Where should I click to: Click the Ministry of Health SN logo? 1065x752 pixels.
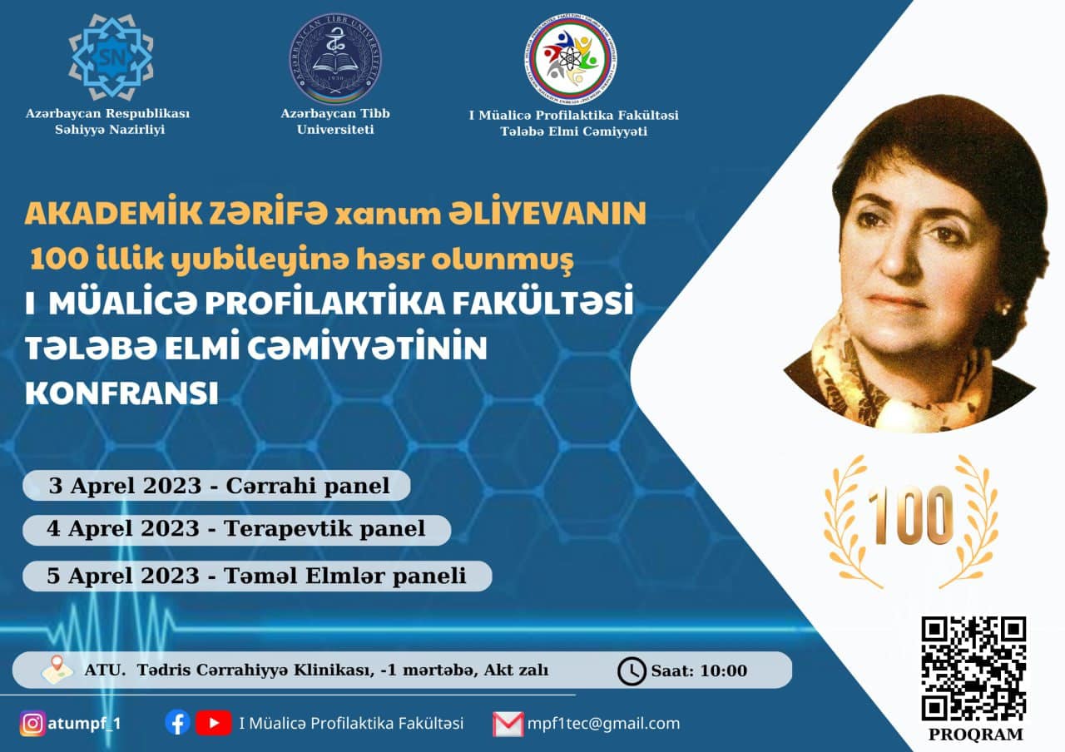pos(111,57)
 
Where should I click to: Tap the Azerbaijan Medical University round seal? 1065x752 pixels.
pos(335,58)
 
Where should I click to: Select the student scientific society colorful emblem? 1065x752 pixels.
pos(571,59)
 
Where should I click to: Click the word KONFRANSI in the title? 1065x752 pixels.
pos(121,393)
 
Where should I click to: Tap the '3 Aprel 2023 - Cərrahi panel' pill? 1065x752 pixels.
pos(217,485)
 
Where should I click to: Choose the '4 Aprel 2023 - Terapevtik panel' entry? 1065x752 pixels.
pos(237,530)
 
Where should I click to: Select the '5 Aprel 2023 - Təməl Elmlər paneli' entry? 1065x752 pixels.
pos(257,576)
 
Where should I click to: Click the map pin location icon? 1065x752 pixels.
pos(57,670)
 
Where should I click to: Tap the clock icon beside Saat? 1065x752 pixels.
pos(632,671)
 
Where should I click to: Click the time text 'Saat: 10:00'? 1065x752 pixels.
pos(699,670)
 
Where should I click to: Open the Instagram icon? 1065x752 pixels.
pos(32,724)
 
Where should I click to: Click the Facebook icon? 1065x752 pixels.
pos(178,723)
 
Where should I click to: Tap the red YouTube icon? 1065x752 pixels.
pos(214,723)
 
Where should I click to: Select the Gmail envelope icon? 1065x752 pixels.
pos(508,724)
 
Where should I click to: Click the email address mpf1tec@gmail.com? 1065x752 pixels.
pos(604,724)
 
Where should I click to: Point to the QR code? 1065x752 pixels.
pos(973,670)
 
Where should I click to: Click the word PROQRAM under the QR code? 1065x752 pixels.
pos(976,735)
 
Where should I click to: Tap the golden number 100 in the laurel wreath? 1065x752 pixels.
pos(910,516)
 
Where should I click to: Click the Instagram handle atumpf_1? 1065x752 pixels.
pos(84,724)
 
